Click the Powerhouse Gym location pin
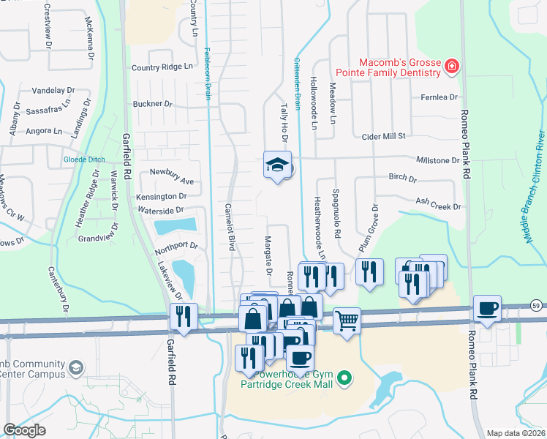[x=347, y=378]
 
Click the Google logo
[x=24, y=430]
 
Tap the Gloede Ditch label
[x=86, y=160]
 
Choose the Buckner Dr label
[x=151, y=104]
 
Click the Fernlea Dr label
[x=439, y=97]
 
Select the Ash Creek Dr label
[x=439, y=206]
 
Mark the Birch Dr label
[x=402, y=179]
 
